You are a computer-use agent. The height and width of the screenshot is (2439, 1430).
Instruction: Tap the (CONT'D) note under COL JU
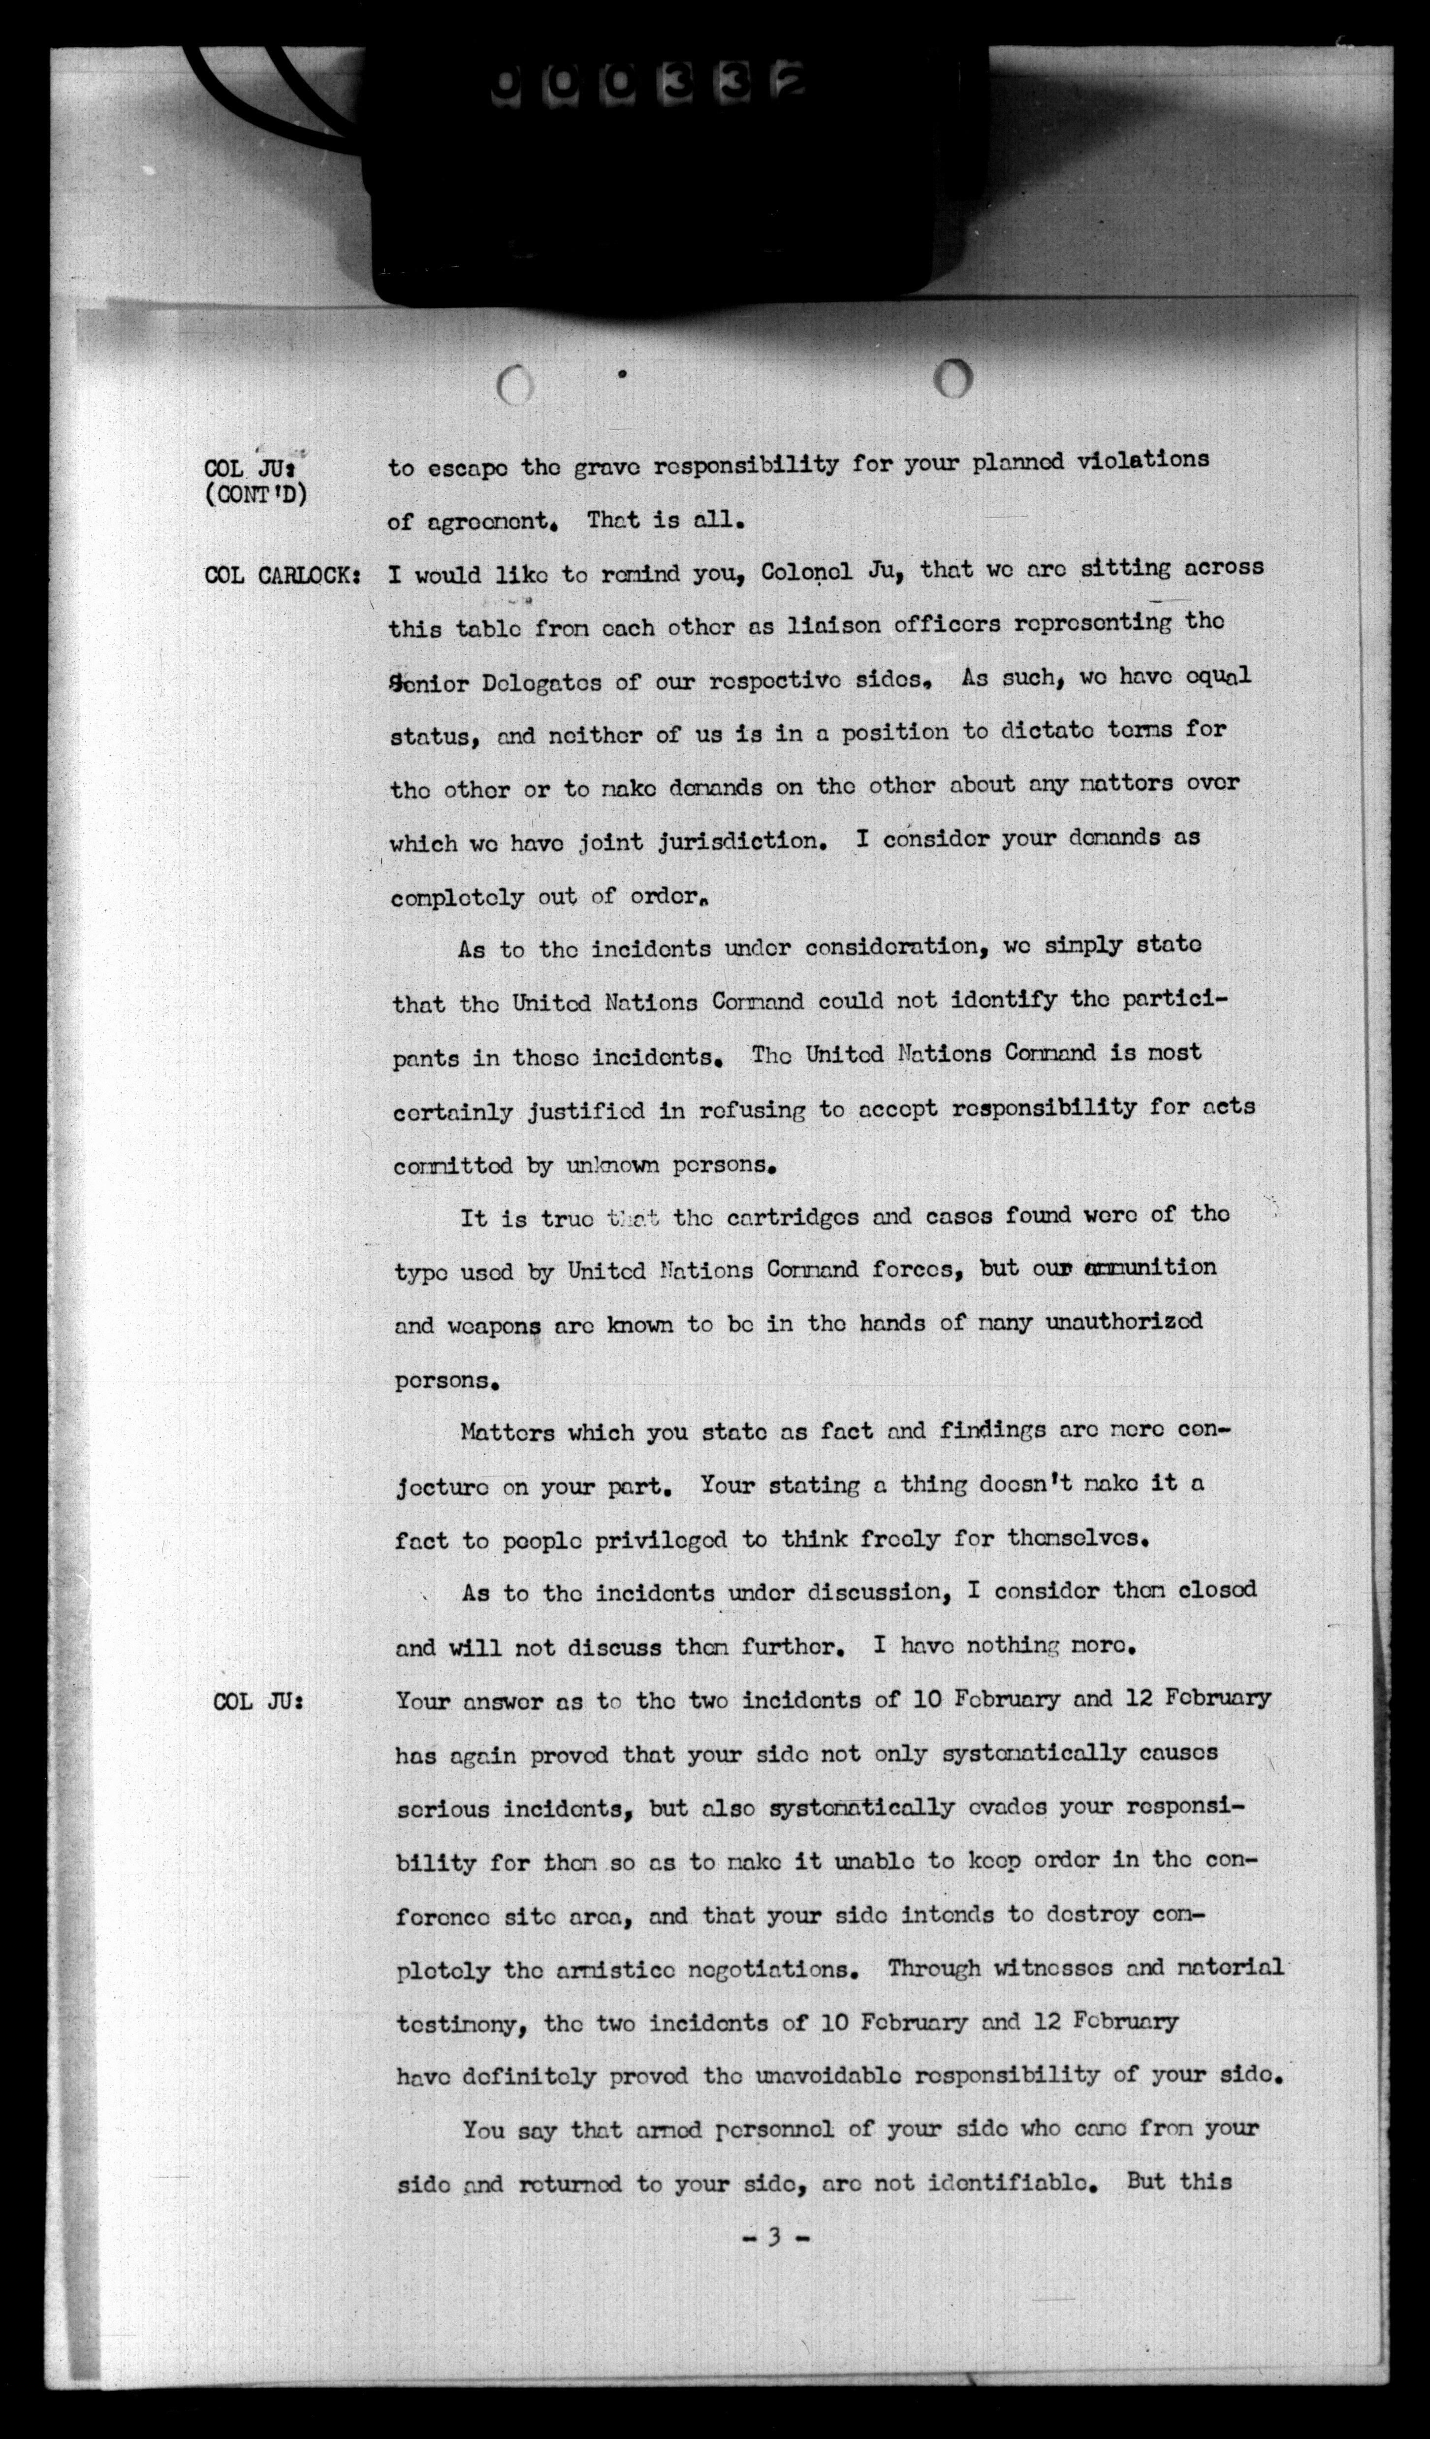tap(255, 495)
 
